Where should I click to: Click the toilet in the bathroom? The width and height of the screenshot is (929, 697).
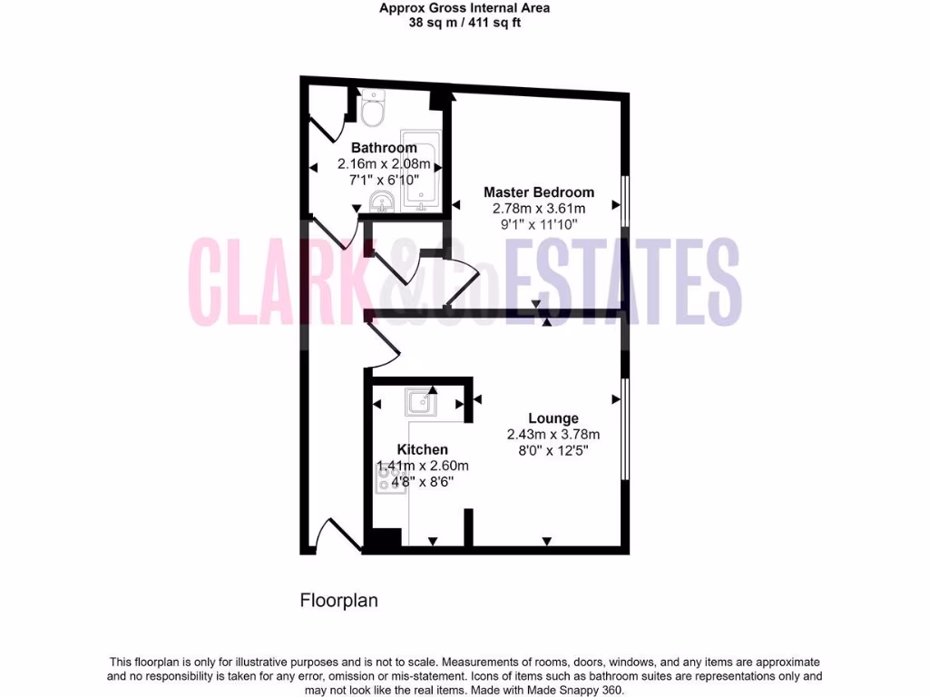(373, 110)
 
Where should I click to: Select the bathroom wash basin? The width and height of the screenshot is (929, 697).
(380, 202)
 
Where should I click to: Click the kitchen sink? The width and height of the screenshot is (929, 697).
(419, 400)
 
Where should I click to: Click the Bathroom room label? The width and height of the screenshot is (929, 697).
(384, 148)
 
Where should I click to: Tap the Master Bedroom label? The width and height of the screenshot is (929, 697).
(539, 192)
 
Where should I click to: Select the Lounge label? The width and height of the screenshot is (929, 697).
(553, 418)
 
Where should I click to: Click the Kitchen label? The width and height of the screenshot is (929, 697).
(422, 449)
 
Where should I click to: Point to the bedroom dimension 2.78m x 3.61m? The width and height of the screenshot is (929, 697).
(539, 208)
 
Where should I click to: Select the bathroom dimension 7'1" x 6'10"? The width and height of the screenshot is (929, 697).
(384, 180)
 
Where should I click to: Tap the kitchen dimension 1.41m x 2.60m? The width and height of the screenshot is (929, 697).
(423, 466)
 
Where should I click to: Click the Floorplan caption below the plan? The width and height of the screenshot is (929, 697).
(338, 601)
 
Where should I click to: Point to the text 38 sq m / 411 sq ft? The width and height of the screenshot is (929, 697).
(464, 23)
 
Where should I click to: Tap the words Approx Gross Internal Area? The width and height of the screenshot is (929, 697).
(464, 8)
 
